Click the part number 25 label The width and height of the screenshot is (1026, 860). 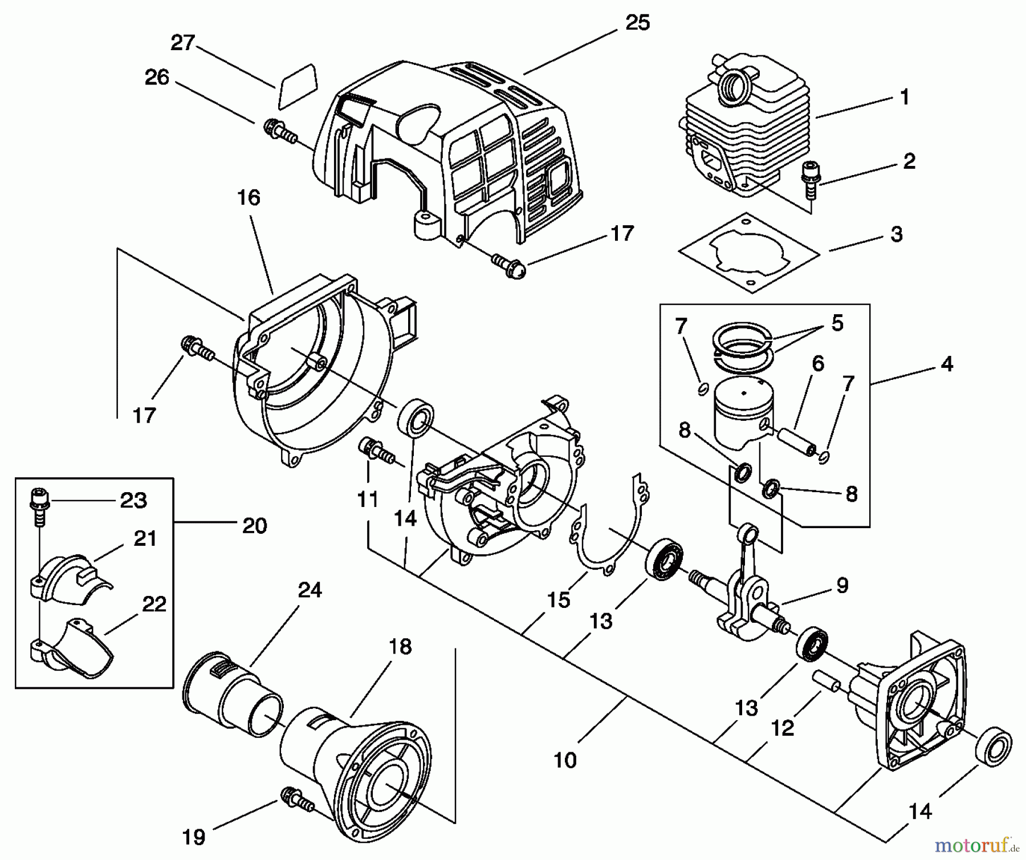coord(637,23)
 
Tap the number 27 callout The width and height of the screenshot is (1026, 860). coord(183,43)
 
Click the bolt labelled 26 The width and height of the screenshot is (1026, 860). coord(279,132)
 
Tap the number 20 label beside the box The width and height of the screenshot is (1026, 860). coord(254,525)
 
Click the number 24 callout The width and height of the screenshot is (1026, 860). coord(310,590)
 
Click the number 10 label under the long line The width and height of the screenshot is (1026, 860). coord(565,760)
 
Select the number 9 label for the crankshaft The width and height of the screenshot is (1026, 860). coord(842,585)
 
